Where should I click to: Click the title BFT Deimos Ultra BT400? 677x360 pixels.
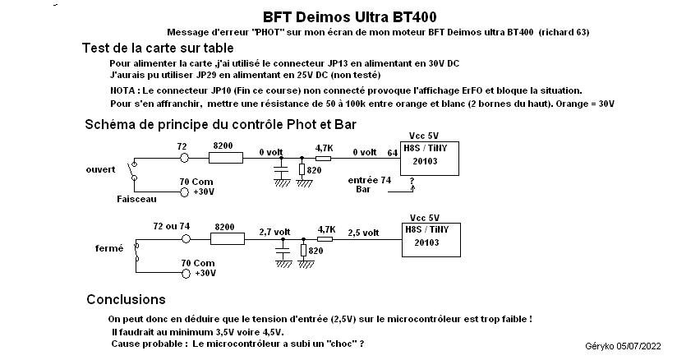tap(350, 16)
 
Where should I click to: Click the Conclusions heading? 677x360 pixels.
tap(126, 299)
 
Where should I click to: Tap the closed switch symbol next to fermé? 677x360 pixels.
tap(136, 256)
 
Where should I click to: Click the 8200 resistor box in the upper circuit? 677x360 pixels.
tap(224, 158)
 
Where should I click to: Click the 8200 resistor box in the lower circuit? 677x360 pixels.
tap(224, 238)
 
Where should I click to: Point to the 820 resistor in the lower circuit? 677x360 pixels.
tap(302, 251)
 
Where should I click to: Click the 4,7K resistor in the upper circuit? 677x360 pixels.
tap(323, 158)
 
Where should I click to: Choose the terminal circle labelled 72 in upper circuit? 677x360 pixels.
tap(185, 158)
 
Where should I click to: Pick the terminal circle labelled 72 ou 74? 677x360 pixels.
tap(185, 238)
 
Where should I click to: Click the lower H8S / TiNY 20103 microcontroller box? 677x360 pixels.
tap(429, 238)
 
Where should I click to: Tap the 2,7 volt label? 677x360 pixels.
tap(274, 232)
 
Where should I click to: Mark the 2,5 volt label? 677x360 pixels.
tap(363, 232)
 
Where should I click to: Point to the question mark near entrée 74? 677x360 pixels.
tap(411, 181)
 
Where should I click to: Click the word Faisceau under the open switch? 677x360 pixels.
tap(136, 199)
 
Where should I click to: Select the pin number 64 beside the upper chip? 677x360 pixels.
tap(391, 152)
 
